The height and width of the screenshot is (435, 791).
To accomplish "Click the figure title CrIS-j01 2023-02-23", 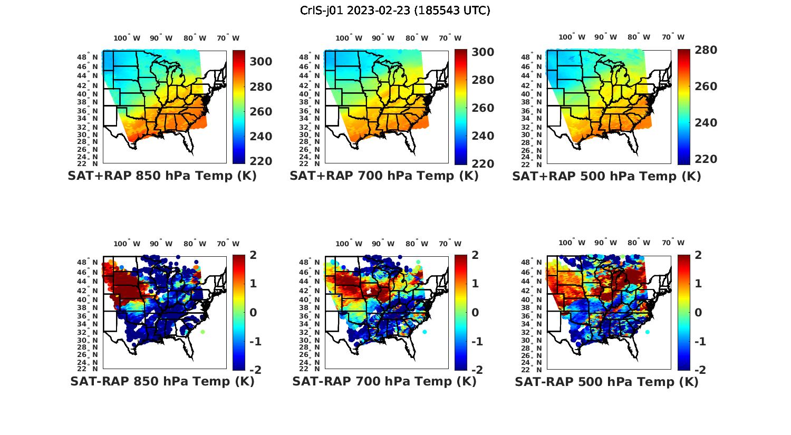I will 395,11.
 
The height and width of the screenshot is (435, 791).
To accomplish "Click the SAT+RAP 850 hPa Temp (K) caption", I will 162,176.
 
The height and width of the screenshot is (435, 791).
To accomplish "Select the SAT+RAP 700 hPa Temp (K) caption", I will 384,176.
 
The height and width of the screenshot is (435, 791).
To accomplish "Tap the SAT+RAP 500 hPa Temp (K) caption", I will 606,176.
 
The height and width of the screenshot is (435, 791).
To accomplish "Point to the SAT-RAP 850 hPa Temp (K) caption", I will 162,381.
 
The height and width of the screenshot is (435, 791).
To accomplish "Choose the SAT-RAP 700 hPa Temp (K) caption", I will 384,381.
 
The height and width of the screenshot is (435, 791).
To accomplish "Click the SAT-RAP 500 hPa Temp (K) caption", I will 606,381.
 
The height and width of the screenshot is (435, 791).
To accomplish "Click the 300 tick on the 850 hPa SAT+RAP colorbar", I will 261,62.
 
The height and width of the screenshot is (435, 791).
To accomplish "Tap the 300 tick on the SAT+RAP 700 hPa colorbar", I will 483,52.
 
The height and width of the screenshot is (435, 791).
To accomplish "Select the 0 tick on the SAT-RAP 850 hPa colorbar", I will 253,313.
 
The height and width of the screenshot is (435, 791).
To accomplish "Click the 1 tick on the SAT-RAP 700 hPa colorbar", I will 475,284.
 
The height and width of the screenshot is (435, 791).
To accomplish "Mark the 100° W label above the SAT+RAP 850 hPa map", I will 127,38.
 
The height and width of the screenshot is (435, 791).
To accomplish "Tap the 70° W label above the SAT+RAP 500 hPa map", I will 673,37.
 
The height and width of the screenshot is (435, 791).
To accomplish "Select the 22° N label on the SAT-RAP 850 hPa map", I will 90,369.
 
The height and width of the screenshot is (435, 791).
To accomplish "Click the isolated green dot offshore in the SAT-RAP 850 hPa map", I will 202,332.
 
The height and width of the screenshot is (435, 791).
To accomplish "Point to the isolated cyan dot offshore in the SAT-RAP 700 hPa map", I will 425,332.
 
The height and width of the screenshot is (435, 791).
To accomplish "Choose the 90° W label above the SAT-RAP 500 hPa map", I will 605,243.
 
